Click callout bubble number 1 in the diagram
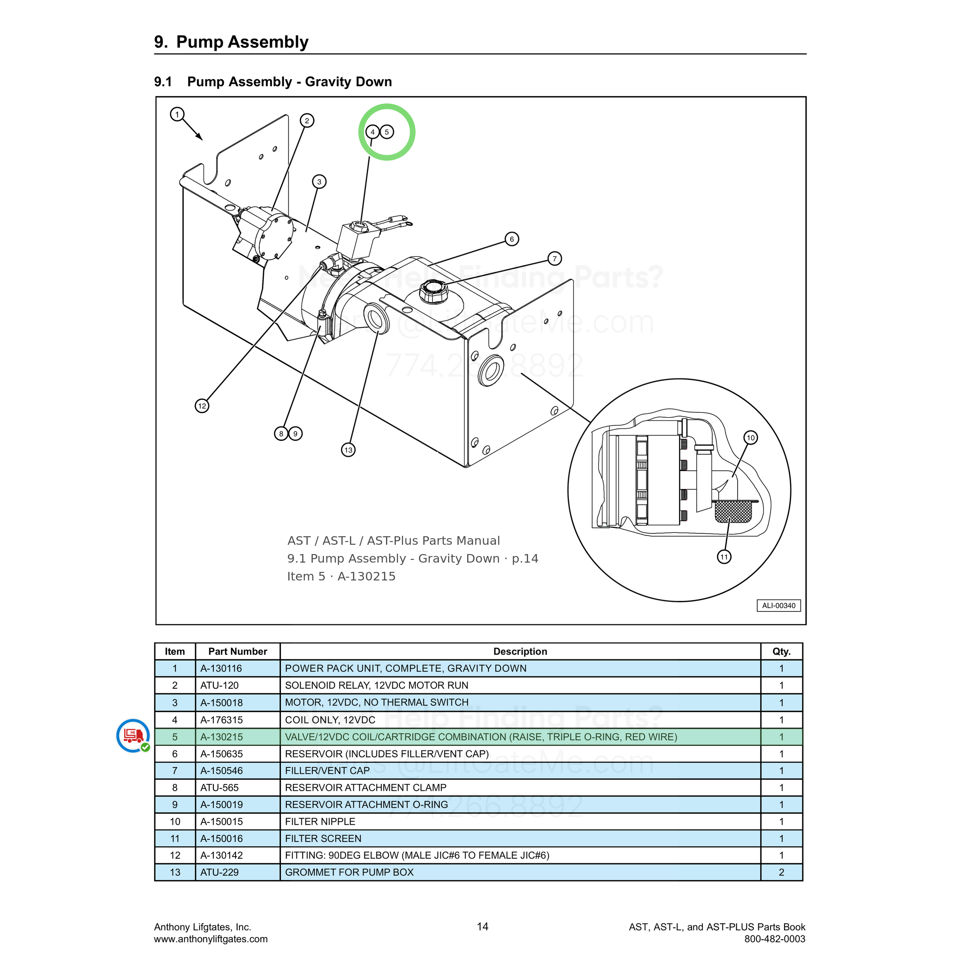[177, 114]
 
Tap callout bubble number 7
[554, 258]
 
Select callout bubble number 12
[202, 406]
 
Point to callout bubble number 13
[348, 449]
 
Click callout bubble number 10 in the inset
[751, 438]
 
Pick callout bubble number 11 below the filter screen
[724, 556]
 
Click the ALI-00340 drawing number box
[779, 606]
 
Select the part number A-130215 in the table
[222, 737]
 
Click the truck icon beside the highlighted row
[133, 736]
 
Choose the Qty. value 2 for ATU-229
[781, 872]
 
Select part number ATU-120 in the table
[219, 685]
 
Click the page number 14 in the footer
[483, 926]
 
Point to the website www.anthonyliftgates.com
[211, 939]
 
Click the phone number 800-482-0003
[775, 939]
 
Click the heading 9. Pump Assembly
[232, 42]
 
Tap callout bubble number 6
[512, 239]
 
